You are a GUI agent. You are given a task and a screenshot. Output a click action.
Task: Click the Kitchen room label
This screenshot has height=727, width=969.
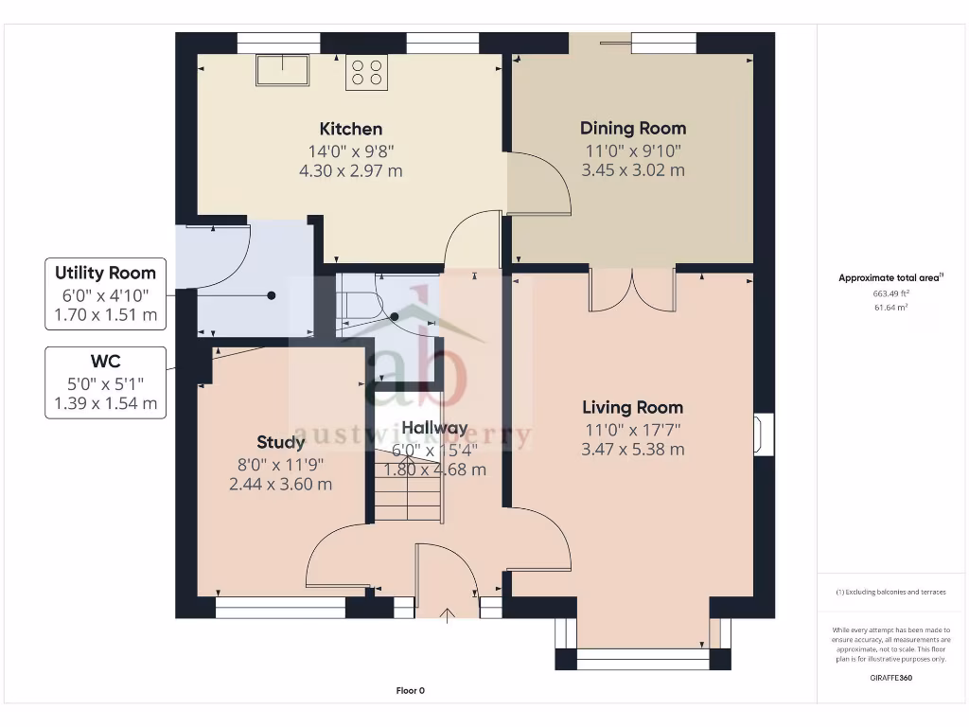[350, 129]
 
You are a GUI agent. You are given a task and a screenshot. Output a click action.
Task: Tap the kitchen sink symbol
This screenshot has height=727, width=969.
[282, 70]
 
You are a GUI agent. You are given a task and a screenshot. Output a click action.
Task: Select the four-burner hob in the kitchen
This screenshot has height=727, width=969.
[367, 73]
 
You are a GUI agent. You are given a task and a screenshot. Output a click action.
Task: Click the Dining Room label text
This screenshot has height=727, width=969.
[633, 128]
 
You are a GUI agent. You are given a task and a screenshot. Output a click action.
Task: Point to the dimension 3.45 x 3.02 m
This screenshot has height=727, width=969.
[633, 170]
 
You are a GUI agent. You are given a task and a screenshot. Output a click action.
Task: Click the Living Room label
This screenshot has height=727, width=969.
[632, 407]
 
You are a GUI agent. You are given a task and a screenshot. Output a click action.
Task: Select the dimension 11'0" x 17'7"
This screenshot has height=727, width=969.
[632, 429]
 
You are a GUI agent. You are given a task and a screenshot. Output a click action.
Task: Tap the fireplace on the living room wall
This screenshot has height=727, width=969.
[762, 434]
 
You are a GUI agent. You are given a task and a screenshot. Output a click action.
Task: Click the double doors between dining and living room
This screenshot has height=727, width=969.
[632, 290]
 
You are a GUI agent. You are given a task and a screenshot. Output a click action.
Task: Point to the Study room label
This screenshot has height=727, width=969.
[281, 442]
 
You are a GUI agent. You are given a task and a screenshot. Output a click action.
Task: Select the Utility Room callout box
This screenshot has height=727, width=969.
[105, 294]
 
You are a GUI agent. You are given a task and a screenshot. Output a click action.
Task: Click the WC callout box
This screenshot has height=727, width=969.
[105, 382]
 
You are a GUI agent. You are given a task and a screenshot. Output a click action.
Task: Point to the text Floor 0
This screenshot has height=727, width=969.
[411, 690]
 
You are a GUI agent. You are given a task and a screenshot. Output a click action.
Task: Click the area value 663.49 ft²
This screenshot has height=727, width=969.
[890, 293]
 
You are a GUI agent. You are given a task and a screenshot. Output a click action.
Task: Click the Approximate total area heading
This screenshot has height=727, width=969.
[890, 278]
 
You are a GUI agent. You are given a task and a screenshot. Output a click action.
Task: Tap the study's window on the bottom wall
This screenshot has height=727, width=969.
[281, 608]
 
